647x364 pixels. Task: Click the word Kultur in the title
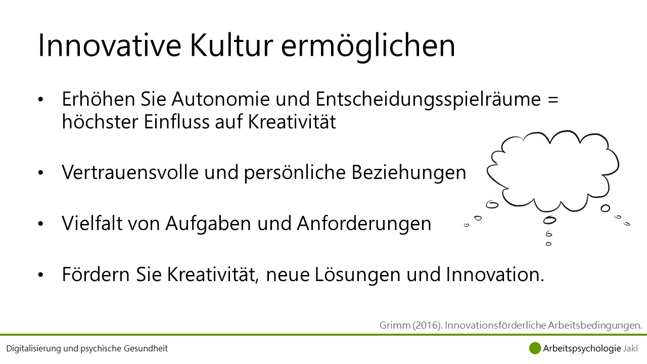(x=231, y=45)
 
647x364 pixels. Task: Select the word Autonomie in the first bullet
(x=220, y=99)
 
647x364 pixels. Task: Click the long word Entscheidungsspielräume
(x=428, y=100)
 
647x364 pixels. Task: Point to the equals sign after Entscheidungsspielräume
(x=553, y=100)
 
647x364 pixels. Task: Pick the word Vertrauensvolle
(x=130, y=172)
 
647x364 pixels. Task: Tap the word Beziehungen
(x=409, y=173)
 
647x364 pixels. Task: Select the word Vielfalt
(x=92, y=223)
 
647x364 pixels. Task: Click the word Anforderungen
(x=364, y=224)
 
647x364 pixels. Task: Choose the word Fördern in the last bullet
(x=96, y=274)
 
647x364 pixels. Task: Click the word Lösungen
(x=357, y=276)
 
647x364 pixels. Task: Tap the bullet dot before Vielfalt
(x=40, y=223)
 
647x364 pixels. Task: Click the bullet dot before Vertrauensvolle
(x=40, y=173)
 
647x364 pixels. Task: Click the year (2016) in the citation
(x=427, y=325)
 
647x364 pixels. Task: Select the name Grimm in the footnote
(x=395, y=325)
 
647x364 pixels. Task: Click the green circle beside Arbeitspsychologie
(x=535, y=348)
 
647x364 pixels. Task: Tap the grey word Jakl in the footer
(x=630, y=348)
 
